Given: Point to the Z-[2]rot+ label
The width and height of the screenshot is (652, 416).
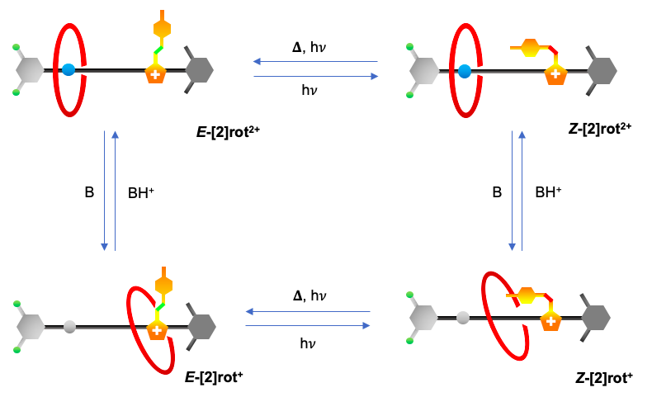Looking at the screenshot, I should tap(603, 378).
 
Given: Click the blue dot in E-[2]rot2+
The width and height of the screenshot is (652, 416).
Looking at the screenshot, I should tap(68, 70).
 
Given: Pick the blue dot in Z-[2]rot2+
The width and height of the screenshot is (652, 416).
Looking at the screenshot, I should tap(465, 71).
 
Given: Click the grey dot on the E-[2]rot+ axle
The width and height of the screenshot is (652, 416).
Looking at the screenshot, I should tap(69, 327).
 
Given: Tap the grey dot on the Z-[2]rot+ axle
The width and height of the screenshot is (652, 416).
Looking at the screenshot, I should tap(463, 316).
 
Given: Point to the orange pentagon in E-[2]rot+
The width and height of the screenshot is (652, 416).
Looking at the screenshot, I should tap(156, 330).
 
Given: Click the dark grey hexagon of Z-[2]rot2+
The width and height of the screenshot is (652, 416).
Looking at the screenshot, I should tap(601, 71).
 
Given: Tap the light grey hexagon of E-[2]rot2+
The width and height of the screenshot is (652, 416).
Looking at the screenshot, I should tap(30, 70).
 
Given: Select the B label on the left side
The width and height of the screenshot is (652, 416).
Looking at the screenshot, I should tap(89, 192).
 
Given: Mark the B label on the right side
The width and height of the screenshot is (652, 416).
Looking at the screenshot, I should tap(497, 192).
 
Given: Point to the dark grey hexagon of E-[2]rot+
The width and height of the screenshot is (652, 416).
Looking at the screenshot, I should tap(202, 327).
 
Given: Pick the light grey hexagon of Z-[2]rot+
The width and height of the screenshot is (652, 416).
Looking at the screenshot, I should tap(424, 316).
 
